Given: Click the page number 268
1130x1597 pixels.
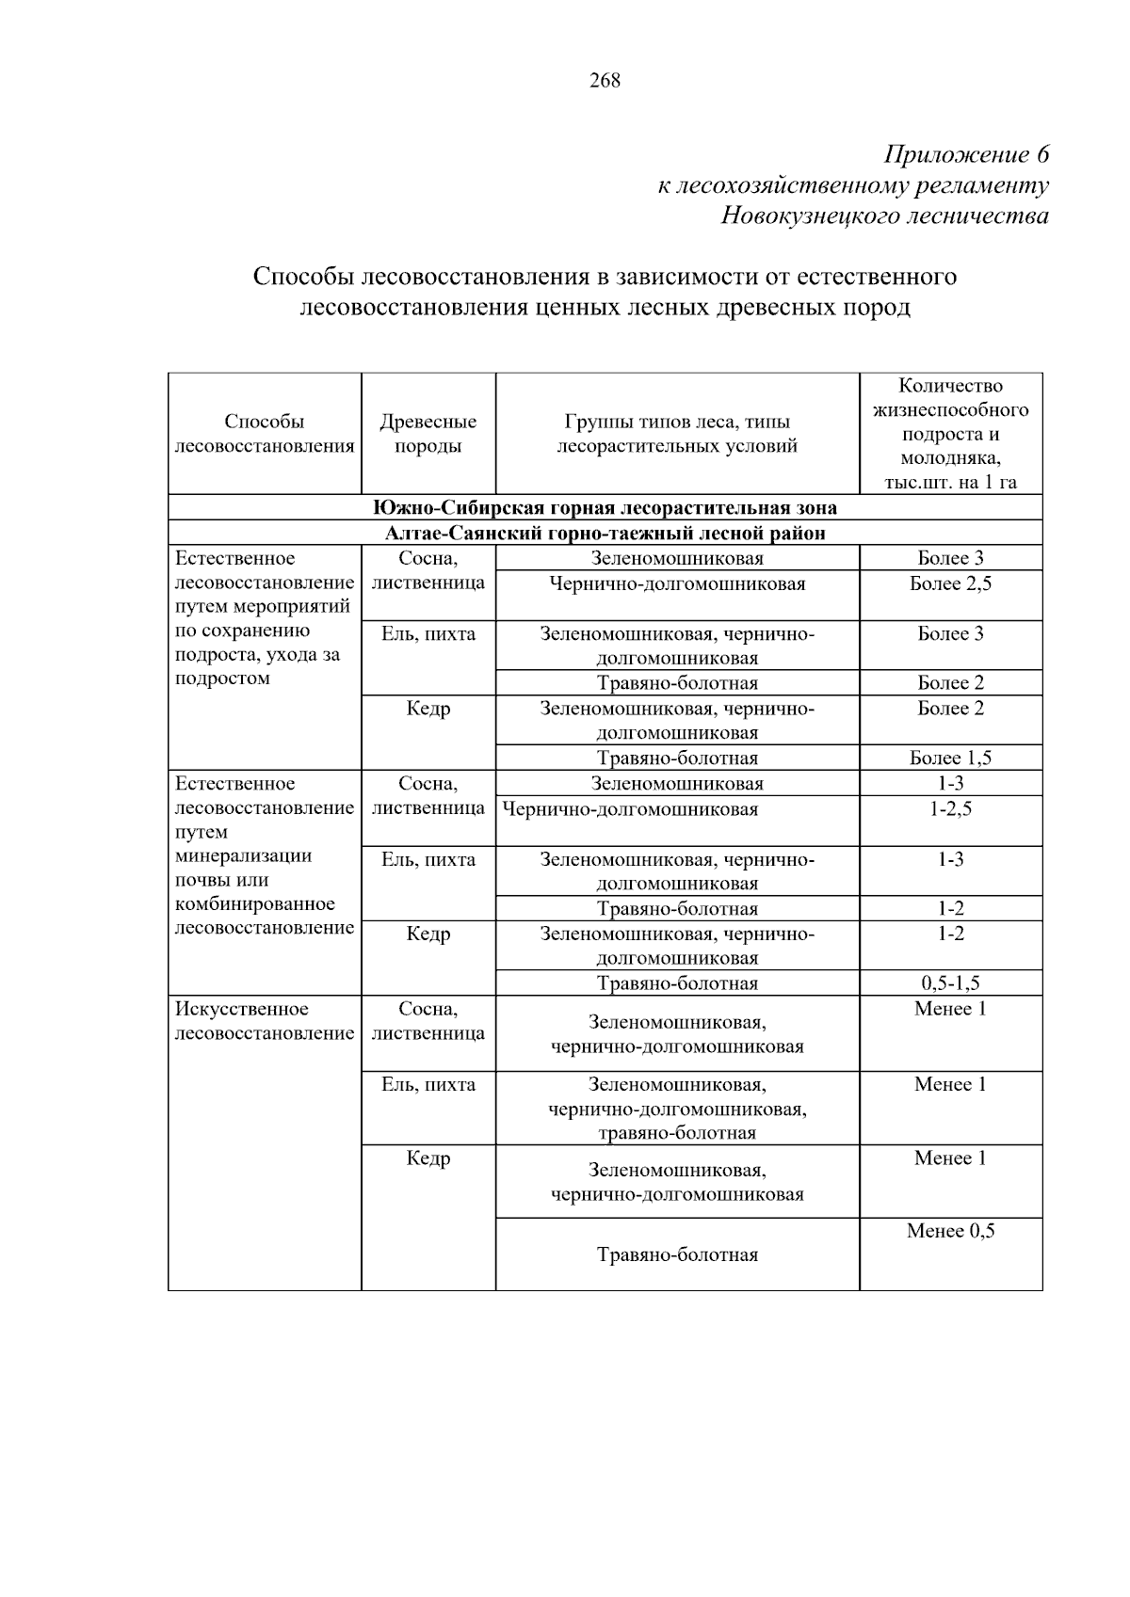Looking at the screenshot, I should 605,81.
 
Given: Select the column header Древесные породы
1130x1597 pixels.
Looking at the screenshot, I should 428,434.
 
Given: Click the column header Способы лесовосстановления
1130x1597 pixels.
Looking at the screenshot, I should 265,434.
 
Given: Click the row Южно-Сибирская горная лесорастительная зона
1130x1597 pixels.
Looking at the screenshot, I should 605,508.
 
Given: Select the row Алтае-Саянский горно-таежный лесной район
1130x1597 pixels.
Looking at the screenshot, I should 605,534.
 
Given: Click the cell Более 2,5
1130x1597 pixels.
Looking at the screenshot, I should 950,584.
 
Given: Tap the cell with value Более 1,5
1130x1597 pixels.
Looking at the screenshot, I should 950,759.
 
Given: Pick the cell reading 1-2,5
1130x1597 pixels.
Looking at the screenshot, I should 950,809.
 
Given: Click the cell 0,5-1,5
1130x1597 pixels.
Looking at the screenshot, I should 950,983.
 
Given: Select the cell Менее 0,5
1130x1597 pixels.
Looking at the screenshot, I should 950,1232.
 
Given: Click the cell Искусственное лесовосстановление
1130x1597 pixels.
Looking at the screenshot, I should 265,1022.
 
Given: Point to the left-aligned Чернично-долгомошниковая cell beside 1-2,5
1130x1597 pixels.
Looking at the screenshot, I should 630,809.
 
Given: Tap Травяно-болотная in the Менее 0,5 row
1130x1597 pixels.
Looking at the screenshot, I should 677,1255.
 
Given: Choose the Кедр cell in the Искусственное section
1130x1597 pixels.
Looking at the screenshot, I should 428,1159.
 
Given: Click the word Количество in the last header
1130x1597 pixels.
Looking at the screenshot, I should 950,386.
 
